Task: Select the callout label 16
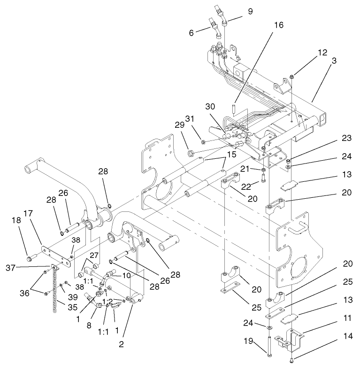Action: pos(278,25)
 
